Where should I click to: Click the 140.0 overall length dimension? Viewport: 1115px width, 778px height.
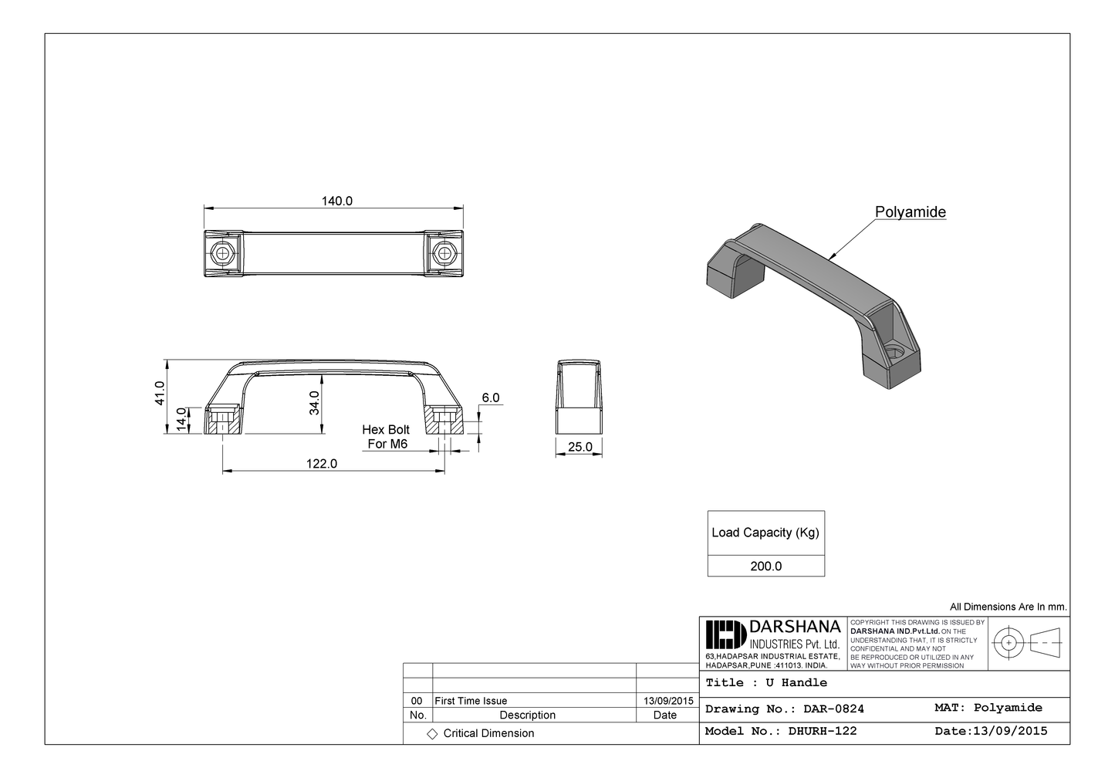click(x=336, y=201)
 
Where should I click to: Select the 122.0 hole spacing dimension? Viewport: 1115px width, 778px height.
click(x=322, y=464)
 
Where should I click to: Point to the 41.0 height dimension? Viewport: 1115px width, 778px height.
click(x=160, y=393)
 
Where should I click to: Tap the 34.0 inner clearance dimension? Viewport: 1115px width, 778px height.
click(x=314, y=403)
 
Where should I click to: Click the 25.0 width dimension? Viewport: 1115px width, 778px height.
click(x=579, y=447)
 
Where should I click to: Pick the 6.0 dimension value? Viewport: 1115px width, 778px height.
click(x=490, y=398)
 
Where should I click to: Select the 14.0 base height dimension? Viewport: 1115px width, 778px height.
click(x=182, y=420)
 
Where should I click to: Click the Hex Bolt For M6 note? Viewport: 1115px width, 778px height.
click(x=387, y=437)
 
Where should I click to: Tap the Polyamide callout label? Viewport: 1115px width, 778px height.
click(x=910, y=212)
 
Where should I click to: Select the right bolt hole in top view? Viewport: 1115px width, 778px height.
click(x=443, y=252)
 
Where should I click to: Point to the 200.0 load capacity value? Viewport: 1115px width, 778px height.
click(x=765, y=566)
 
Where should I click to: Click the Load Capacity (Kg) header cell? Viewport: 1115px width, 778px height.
click(x=765, y=533)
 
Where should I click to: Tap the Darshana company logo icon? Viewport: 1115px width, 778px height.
click(x=725, y=634)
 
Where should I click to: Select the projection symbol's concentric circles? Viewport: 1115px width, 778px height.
click(x=1008, y=642)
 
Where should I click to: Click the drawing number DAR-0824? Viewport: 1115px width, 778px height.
click(x=833, y=709)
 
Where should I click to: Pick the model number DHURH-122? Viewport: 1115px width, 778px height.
click(x=823, y=731)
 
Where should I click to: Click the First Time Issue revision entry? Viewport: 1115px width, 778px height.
click(x=471, y=701)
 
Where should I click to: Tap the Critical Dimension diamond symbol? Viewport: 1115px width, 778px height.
click(x=432, y=734)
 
